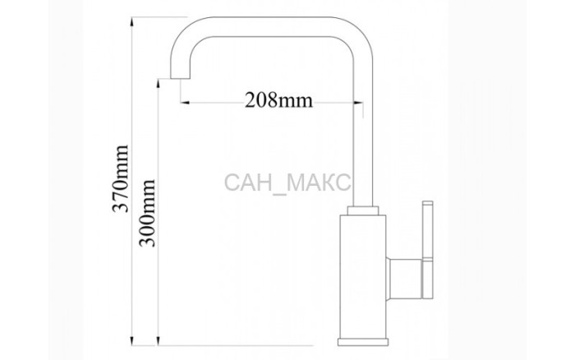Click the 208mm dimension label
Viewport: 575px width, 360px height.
point(278,99)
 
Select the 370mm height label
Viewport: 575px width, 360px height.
point(121,178)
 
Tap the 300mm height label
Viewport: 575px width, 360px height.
point(147,213)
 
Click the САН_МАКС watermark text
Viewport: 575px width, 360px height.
point(287,182)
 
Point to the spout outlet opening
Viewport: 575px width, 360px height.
point(181,78)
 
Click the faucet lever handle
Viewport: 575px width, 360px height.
point(428,250)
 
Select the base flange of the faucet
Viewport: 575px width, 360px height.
point(363,342)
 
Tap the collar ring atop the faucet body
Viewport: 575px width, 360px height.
point(363,210)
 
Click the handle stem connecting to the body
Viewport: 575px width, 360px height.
point(405,278)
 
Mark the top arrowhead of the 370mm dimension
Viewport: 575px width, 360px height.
point(131,22)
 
